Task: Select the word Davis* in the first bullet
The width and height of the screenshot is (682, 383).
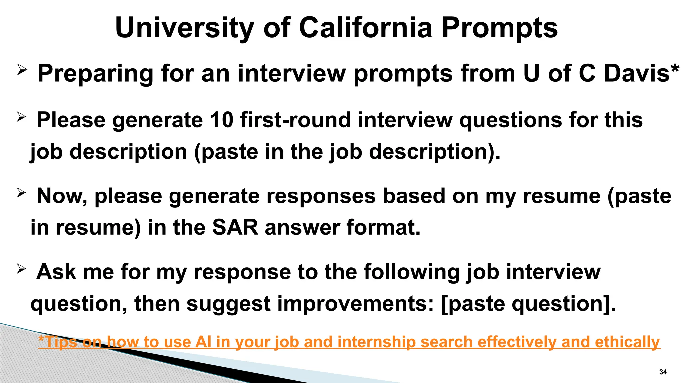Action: pos(641,73)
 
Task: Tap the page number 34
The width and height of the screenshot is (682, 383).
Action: pos(663,372)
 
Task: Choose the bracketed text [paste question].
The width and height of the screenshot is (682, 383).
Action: pos(528,304)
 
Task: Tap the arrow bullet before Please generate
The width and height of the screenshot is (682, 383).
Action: pos(21,117)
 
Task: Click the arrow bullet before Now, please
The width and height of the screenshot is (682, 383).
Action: pos(21,193)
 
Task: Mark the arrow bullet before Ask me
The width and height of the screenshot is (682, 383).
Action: pos(21,269)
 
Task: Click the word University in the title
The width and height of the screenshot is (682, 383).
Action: pos(185,28)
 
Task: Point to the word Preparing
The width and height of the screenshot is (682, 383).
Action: pos(95,74)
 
